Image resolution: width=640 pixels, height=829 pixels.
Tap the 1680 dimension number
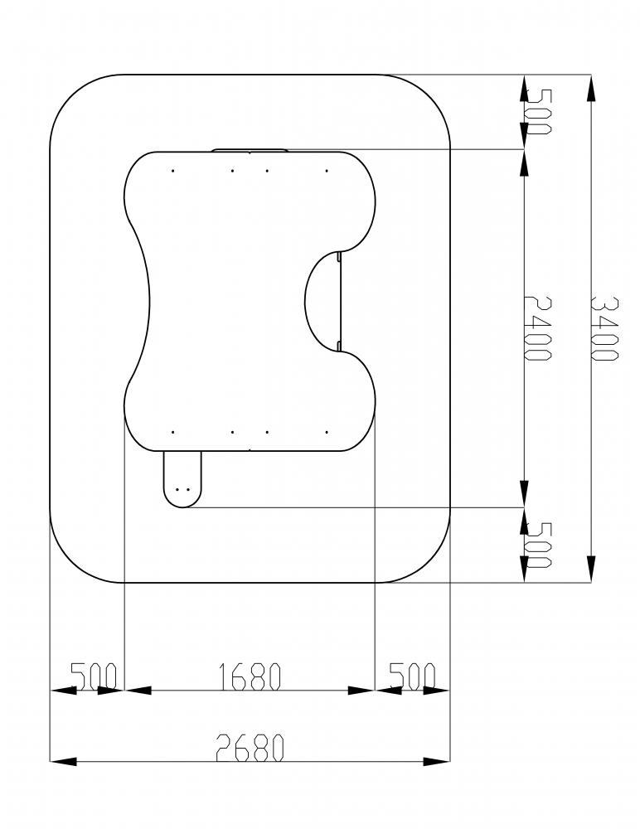point(249,676)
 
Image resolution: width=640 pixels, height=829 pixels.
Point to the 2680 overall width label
point(250,748)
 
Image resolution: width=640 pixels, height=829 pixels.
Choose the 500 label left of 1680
point(94,676)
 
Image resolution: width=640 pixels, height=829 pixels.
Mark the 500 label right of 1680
point(413,676)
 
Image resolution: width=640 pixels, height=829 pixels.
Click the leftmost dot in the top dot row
point(173,171)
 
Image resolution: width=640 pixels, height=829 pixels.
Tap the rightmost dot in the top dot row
point(327,171)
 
